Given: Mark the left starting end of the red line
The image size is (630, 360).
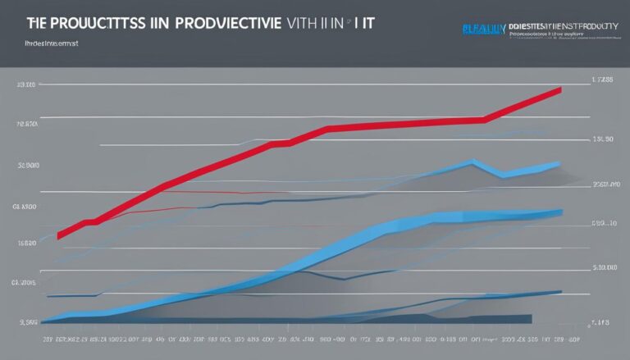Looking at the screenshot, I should tap(59, 235).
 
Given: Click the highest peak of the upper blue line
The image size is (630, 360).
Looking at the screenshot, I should tap(473, 162).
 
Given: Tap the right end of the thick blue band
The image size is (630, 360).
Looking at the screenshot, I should tap(561, 212).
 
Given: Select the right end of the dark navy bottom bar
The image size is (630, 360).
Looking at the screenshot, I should tap(530, 317).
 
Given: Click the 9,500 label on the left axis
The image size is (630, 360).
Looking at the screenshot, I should tap(27, 321).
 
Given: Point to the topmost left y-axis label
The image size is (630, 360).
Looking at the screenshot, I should tap(27, 84).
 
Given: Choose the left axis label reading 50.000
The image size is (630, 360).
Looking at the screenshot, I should tap(27, 165).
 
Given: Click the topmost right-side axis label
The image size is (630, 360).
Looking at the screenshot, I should tap(603, 81).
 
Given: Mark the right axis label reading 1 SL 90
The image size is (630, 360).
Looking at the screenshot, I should tap(603, 139).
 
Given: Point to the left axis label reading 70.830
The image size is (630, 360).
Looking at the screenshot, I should tap(27, 125).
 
